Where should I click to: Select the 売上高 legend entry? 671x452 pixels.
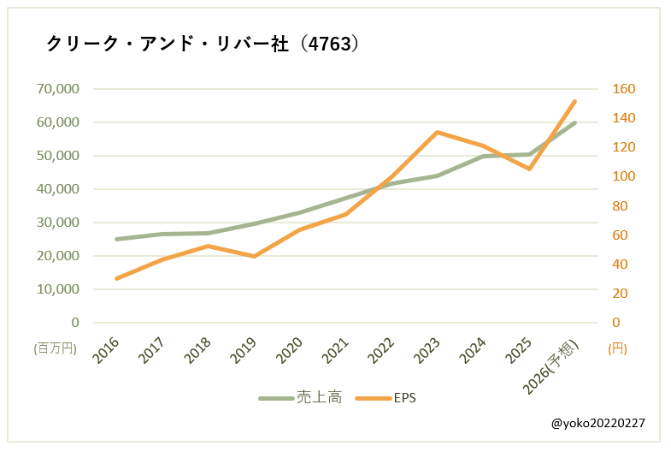[x=301, y=397]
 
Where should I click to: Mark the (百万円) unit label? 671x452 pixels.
[x=56, y=348]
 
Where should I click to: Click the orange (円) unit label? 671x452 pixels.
[x=616, y=348]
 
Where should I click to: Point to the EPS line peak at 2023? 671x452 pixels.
[x=437, y=132]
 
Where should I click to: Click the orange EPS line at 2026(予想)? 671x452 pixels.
[x=575, y=101]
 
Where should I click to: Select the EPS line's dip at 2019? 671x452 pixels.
[x=254, y=256]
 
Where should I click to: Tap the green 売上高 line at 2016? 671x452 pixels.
[x=116, y=239]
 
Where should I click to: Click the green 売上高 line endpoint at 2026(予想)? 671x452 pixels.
[x=575, y=122]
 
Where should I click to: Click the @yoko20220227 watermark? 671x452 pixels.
[x=597, y=423]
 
